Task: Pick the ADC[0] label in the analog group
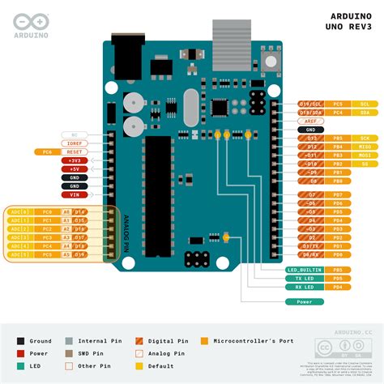19,211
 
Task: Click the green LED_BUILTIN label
305,269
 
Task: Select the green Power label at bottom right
305,301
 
